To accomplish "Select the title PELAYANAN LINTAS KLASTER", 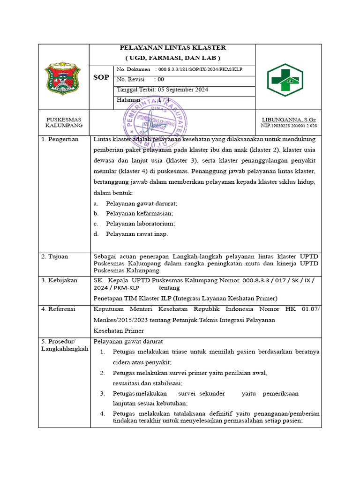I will (172, 48).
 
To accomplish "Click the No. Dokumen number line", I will (180, 69).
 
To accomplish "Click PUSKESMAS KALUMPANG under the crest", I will (64, 123).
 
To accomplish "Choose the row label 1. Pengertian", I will (60, 139).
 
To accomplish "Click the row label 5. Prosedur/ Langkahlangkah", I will (64, 345).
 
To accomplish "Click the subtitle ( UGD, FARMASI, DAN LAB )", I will (172, 58).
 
